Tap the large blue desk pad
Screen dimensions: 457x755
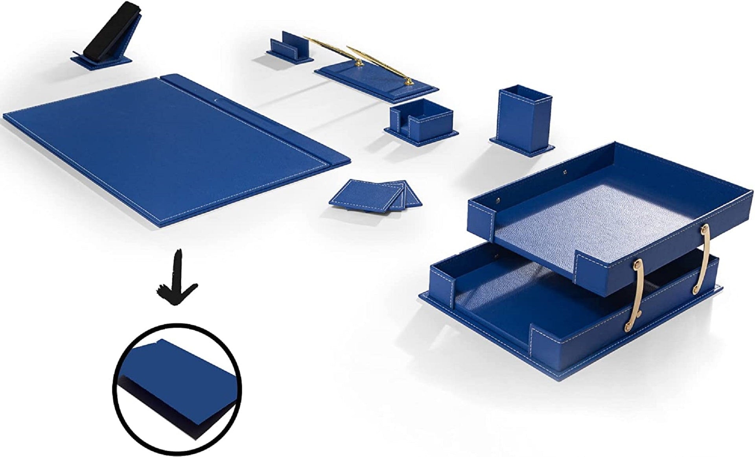(157, 153)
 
